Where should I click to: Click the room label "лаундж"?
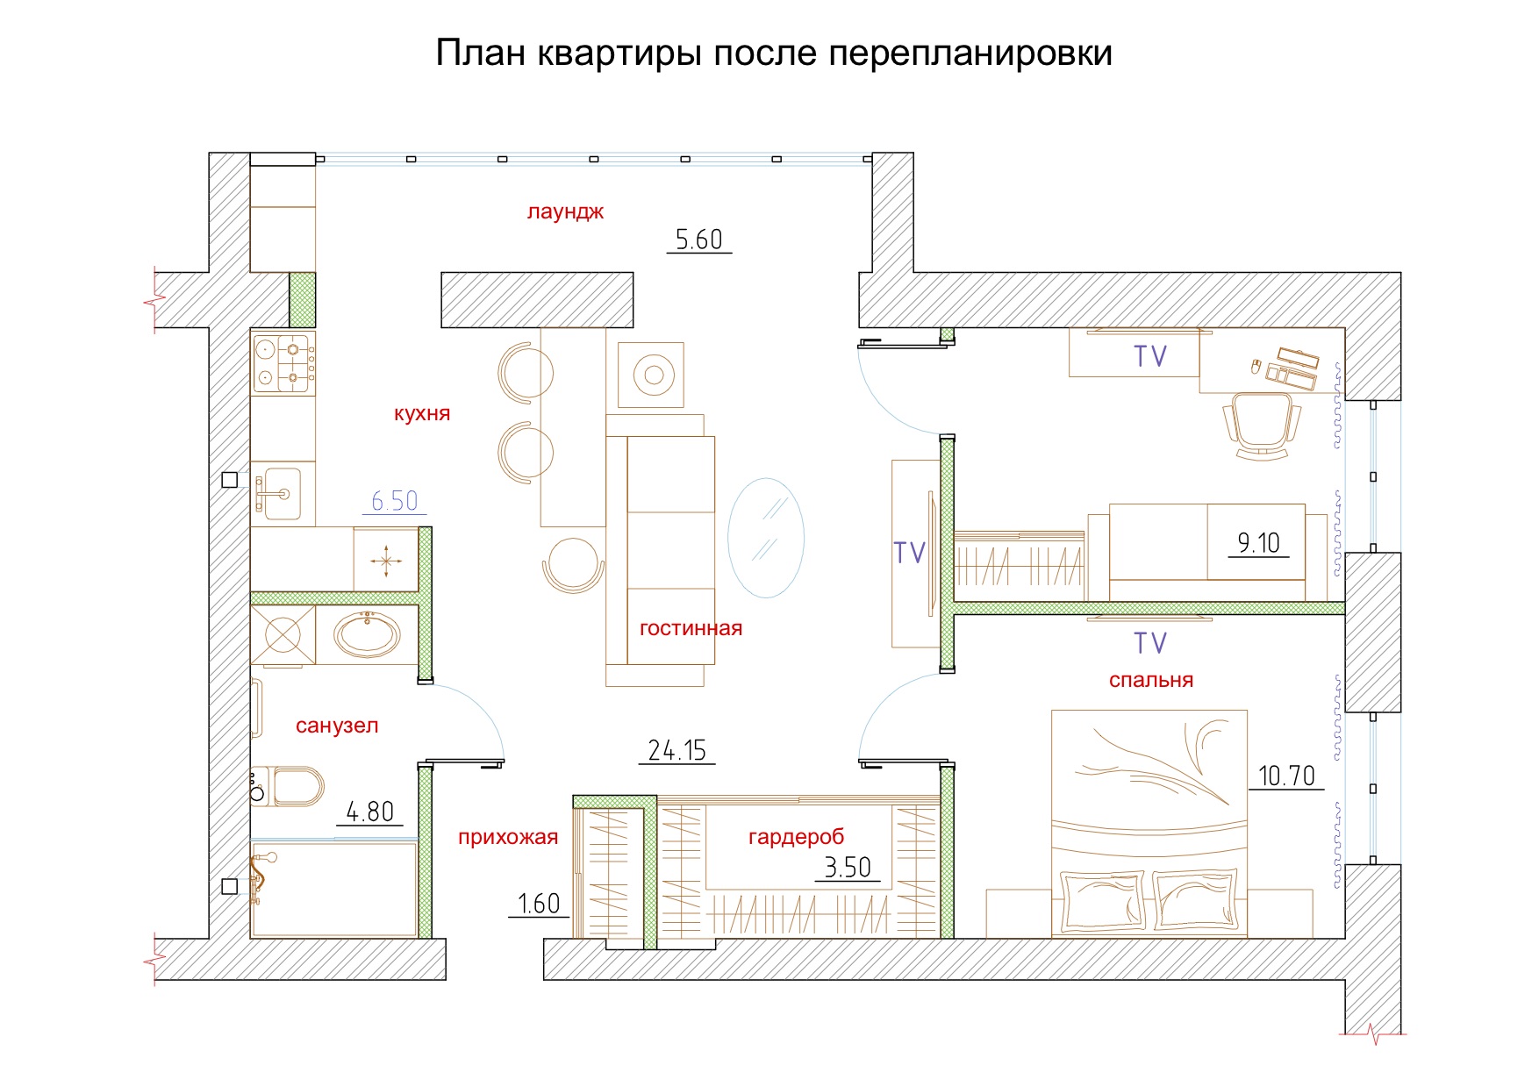tap(565, 211)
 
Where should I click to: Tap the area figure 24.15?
tap(676, 750)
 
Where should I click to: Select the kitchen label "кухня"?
tap(422, 413)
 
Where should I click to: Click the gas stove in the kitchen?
tap(283, 362)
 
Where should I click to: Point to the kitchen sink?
tap(279, 493)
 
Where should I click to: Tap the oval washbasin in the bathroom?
tap(368, 633)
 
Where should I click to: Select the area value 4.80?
tap(369, 812)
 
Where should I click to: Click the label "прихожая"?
tap(508, 837)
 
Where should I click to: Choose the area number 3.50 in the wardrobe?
tap(847, 868)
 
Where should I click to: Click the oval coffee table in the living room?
tap(766, 538)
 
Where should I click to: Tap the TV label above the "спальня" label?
tap(1150, 643)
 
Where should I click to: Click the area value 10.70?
tap(1286, 776)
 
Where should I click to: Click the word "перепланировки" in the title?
tap(970, 54)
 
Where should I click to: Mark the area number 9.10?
tap(1258, 543)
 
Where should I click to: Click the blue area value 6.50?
tap(394, 501)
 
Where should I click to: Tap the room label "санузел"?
tap(337, 726)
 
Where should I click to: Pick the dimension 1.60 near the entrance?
tap(538, 904)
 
